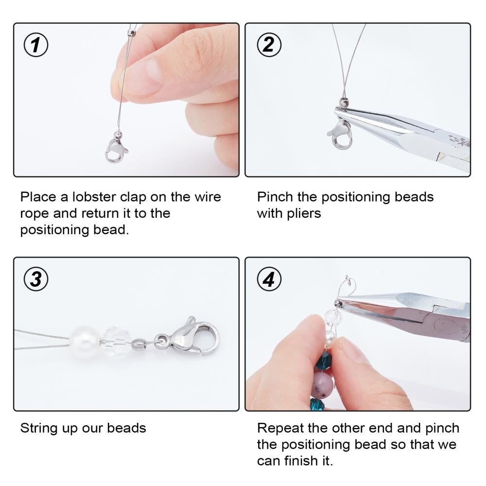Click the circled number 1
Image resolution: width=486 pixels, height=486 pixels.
tap(36, 45)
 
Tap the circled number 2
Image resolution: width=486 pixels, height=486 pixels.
tap(269, 45)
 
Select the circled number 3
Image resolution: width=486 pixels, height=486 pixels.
tap(36, 279)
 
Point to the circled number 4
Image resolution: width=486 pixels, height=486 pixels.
tap(269, 279)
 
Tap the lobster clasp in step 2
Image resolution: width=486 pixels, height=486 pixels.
tap(341, 135)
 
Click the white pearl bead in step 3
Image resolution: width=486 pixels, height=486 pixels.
tap(84, 342)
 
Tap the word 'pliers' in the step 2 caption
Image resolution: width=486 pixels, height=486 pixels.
tap(304, 214)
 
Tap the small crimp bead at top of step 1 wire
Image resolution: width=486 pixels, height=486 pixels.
tap(131, 33)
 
